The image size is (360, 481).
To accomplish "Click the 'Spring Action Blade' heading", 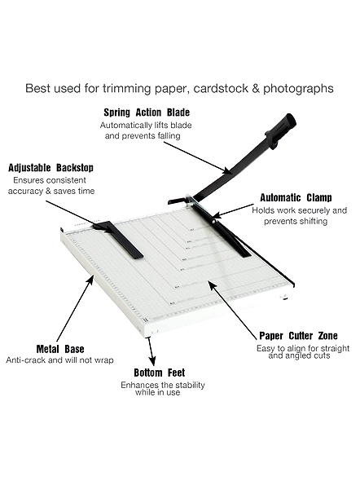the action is click(x=147, y=113).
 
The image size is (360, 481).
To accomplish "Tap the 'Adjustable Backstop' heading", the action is click(x=50, y=168).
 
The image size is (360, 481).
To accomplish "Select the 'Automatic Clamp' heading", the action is click(x=296, y=198).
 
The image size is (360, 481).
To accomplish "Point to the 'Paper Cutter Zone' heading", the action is click(x=298, y=336).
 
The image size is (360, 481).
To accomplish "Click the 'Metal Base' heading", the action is click(x=60, y=349).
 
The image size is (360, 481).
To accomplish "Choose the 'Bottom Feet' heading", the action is click(x=160, y=373).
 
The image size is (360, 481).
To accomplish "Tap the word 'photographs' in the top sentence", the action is click(x=298, y=89).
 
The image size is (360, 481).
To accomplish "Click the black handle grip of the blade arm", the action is click(x=281, y=130).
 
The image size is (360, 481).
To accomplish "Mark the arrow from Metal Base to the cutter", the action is click(x=76, y=309).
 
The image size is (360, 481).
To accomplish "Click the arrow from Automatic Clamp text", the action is click(x=233, y=211).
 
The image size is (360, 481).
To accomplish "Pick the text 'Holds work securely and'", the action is click(x=300, y=211).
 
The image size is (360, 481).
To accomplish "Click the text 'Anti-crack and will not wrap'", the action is click(x=59, y=360).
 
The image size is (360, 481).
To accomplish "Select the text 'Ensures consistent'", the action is click(x=50, y=180).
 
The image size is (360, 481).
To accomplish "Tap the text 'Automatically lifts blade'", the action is click(x=146, y=126).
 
